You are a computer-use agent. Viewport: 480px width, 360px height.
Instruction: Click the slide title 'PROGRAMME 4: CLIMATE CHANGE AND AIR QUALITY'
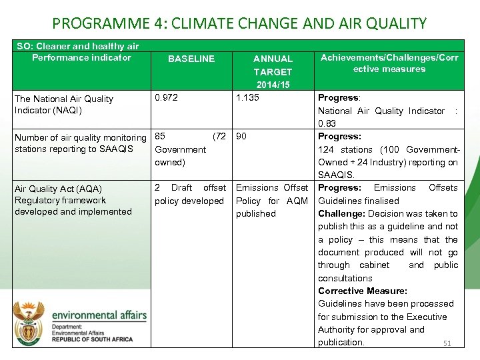(x=239, y=23)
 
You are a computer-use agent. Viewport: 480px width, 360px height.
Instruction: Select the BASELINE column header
(x=191, y=59)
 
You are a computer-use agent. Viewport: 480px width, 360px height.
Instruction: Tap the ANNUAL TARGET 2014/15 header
(x=273, y=71)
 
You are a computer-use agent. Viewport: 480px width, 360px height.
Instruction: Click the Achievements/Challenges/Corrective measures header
(x=389, y=63)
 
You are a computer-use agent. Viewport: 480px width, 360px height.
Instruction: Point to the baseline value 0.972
(x=167, y=98)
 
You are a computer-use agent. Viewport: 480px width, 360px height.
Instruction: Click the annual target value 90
(x=241, y=136)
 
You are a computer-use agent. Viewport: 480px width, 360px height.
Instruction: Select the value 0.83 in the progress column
(x=327, y=123)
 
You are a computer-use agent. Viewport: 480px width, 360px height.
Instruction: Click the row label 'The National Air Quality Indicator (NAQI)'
(x=64, y=104)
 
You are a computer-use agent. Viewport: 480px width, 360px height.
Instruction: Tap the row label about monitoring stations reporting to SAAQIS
(x=80, y=143)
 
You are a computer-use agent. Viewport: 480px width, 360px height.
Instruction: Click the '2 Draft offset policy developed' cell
(x=189, y=194)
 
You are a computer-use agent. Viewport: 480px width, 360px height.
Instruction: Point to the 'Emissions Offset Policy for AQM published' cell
(x=272, y=200)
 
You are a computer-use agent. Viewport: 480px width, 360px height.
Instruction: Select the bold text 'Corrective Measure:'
(x=363, y=291)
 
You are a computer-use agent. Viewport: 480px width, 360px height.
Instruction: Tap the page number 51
(x=447, y=343)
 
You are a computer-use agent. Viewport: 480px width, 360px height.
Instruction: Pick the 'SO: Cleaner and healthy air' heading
(x=77, y=46)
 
